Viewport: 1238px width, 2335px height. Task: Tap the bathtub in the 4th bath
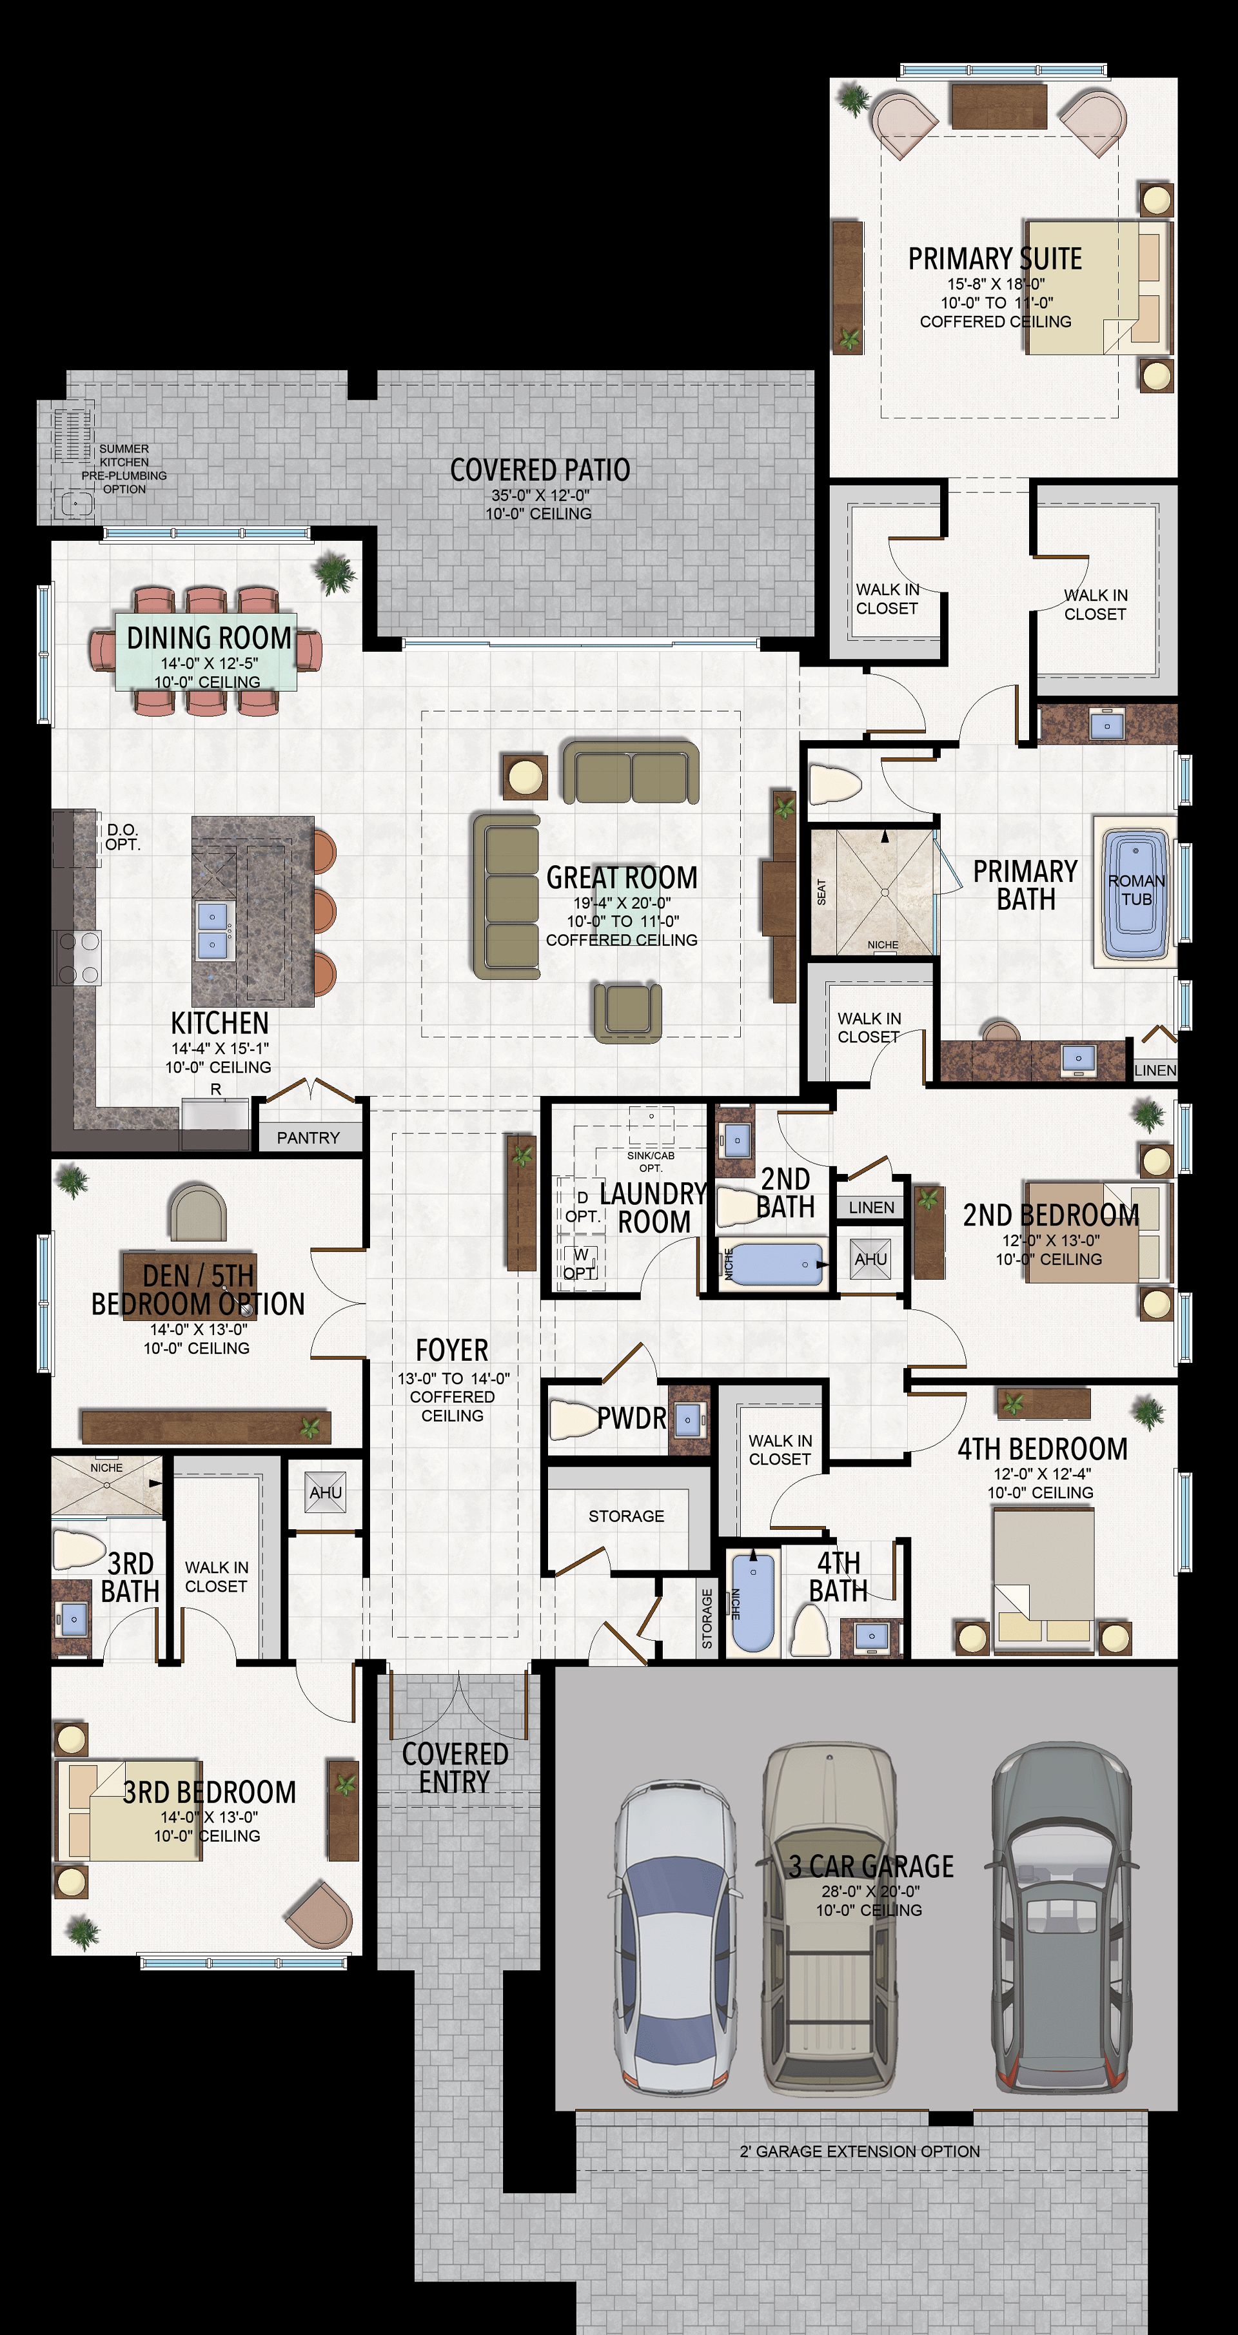coord(752,1602)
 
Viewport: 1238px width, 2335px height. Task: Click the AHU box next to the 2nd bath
coord(870,1259)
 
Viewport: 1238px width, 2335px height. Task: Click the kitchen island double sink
coord(213,930)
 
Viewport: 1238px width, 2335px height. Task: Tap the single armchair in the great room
coord(627,1011)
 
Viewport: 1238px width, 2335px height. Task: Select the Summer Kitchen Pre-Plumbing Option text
coord(124,469)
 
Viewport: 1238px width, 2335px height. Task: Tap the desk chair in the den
coord(197,1211)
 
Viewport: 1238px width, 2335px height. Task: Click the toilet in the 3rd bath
coord(79,1549)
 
